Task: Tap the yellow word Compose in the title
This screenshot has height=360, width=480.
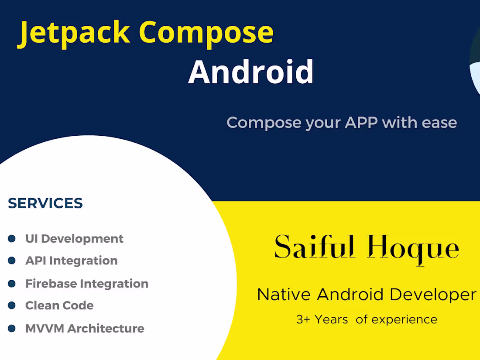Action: pyautogui.click(x=206, y=33)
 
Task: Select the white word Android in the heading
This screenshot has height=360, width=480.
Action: pyautogui.click(x=251, y=72)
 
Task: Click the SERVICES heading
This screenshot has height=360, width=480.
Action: pyautogui.click(x=45, y=203)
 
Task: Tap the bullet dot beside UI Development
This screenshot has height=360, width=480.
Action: pyautogui.click(x=12, y=239)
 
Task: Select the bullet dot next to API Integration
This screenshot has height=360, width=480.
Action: pyautogui.click(x=12, y=261)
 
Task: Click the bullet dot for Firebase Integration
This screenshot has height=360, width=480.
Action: pyautogui.click(x=12, y=284)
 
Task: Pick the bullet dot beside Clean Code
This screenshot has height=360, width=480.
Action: pyautogui.click(x=12, y=305)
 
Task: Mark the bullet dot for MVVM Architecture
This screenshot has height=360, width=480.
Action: pyautogui.click(x=12, y=328)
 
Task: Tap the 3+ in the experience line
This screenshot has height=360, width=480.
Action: pyautogui.click(x=303, y=319)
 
